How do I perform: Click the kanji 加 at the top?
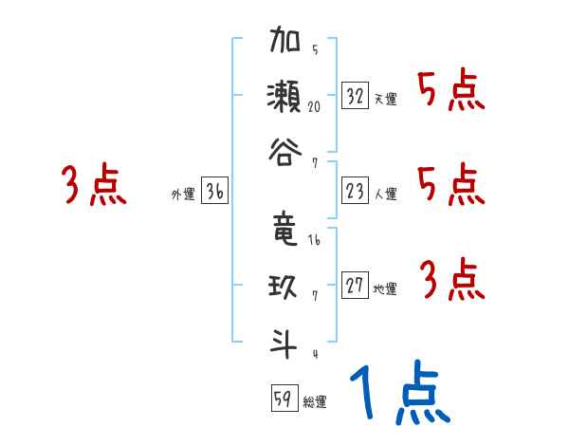[284, 42]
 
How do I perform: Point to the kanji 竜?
[284, 231]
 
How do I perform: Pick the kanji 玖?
[284, 284]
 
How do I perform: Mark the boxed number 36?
[215, 192]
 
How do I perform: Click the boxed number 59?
[283, 399]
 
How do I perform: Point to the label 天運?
[385, 99]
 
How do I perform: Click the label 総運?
[314, 402]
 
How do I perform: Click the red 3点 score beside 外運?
[94, 186]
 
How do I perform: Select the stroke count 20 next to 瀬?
[314, 106]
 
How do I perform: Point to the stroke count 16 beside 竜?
[314, 241]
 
